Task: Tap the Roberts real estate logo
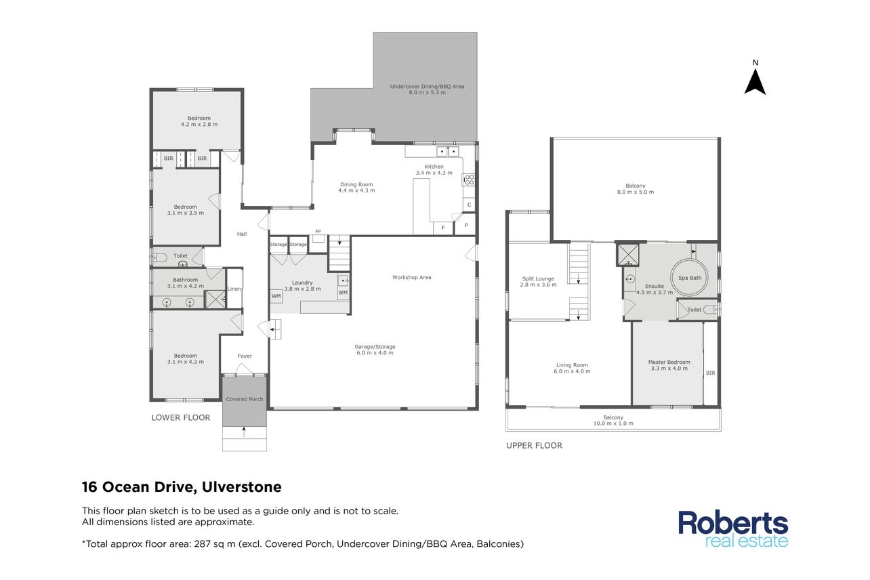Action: point(733,529)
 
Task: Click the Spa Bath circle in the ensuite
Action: point(689,278)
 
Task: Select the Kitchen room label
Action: point(434,169)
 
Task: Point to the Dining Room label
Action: point(356,187)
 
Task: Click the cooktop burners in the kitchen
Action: point(469,180)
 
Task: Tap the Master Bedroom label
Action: point(669,365)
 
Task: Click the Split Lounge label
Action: point(538,282)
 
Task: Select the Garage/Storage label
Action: point(375,350)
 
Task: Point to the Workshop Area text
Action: point(412,277)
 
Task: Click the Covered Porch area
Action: point(245,400)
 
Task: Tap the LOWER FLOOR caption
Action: point(181,417)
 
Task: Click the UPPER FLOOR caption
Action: point(534,446)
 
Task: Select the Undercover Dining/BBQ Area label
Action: point(428,89)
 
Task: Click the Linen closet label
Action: point(234,289)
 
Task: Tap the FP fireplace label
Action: point(318,232)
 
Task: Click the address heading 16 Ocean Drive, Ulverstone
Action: point(182,486)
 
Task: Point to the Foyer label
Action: point(245,356)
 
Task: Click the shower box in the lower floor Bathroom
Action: point(215,299)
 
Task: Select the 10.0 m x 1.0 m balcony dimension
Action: point(613,423)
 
